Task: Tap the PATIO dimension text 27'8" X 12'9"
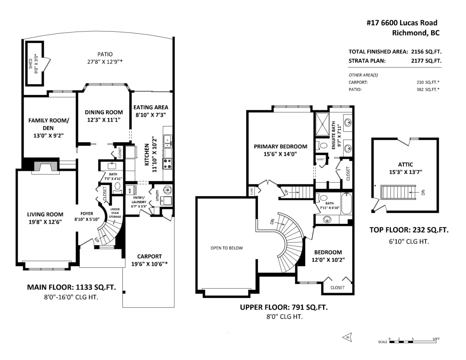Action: coord(105,61)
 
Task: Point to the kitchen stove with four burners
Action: coord(168,163)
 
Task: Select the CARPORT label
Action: coord(149,256)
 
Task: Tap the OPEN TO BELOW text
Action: coord(226,248)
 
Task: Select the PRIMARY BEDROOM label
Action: coord(280,146)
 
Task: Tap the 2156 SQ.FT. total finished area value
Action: coord(426,52)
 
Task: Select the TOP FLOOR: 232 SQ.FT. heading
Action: coord(409,230)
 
